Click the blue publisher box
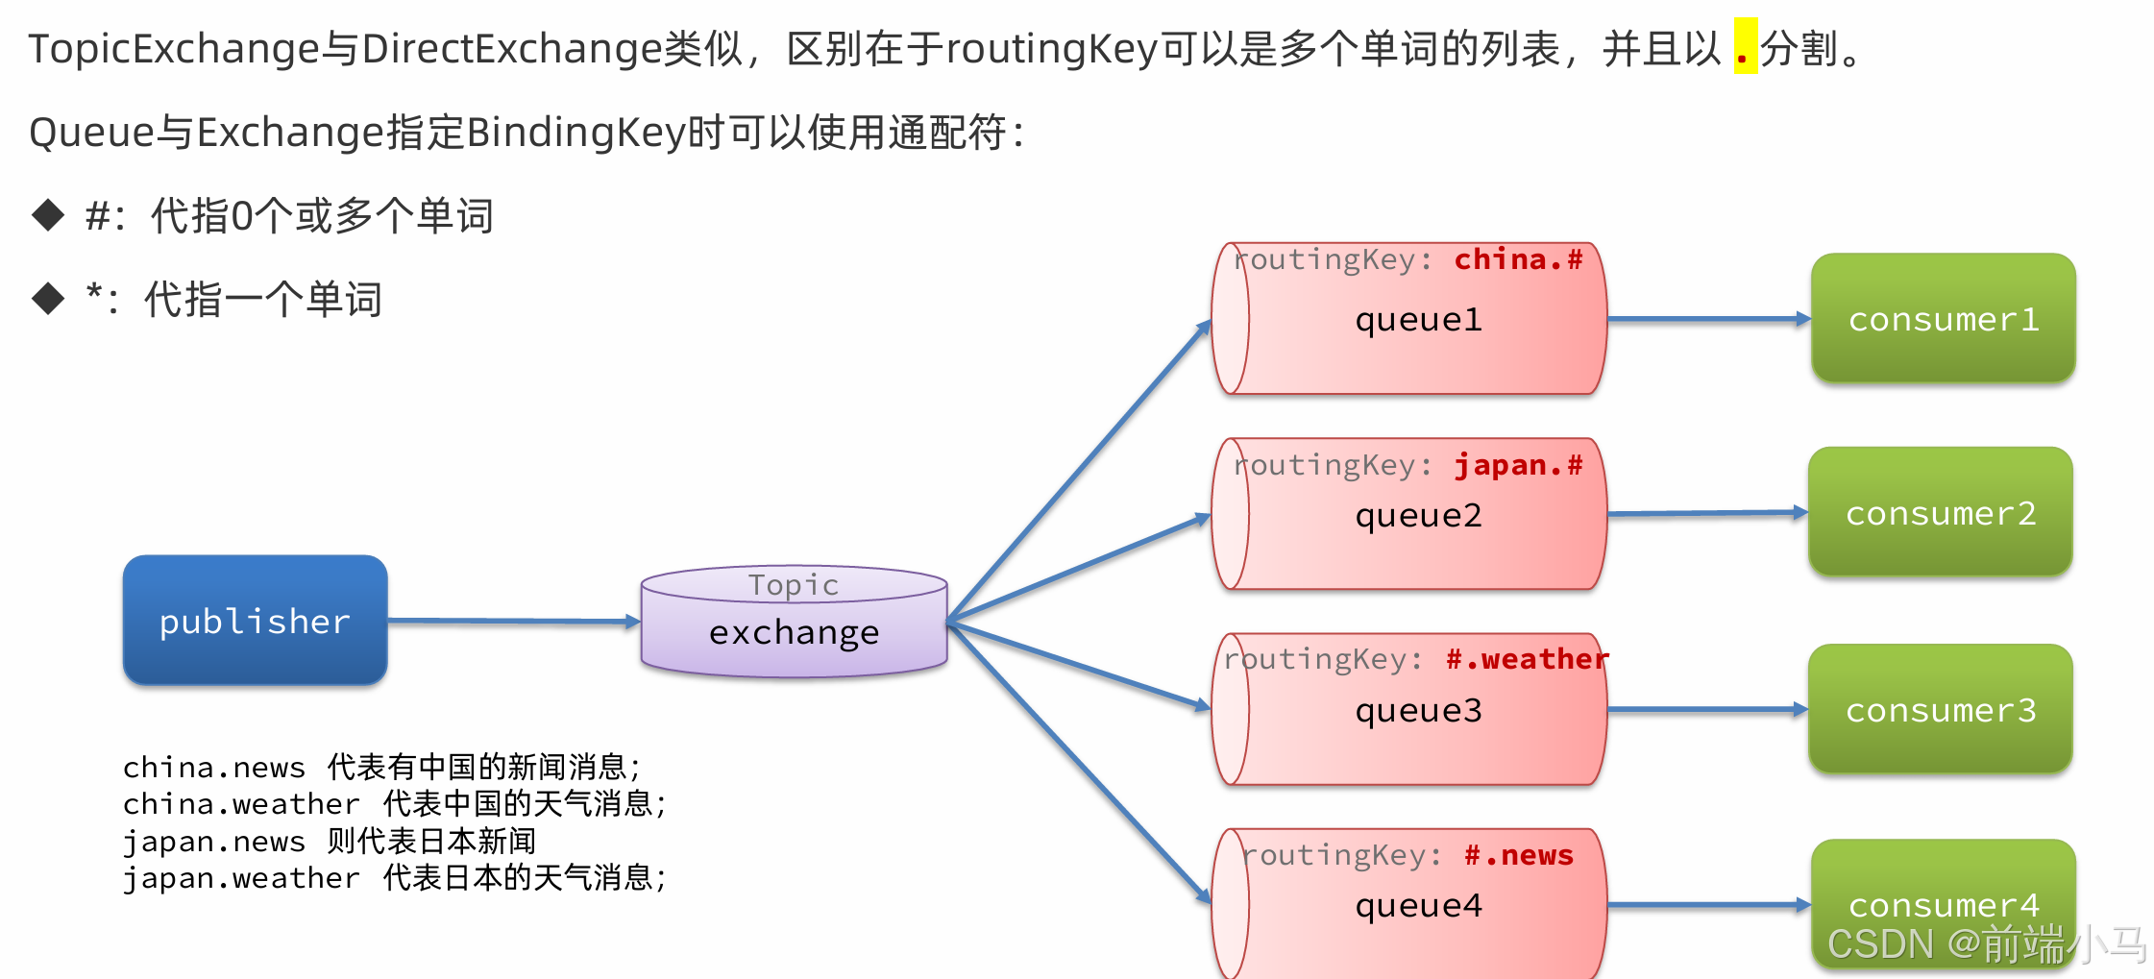255,620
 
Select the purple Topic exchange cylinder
794,622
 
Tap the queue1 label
1418,320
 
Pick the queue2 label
1418,516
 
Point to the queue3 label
1418,711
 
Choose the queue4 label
1418,906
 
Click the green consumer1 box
1943,318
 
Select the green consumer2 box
1940,512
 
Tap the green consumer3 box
1940,709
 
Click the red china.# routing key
1518,259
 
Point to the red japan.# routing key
1518,466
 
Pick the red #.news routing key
1519,855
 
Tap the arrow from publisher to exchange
514,622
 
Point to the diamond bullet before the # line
48,215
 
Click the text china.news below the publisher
213,768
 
